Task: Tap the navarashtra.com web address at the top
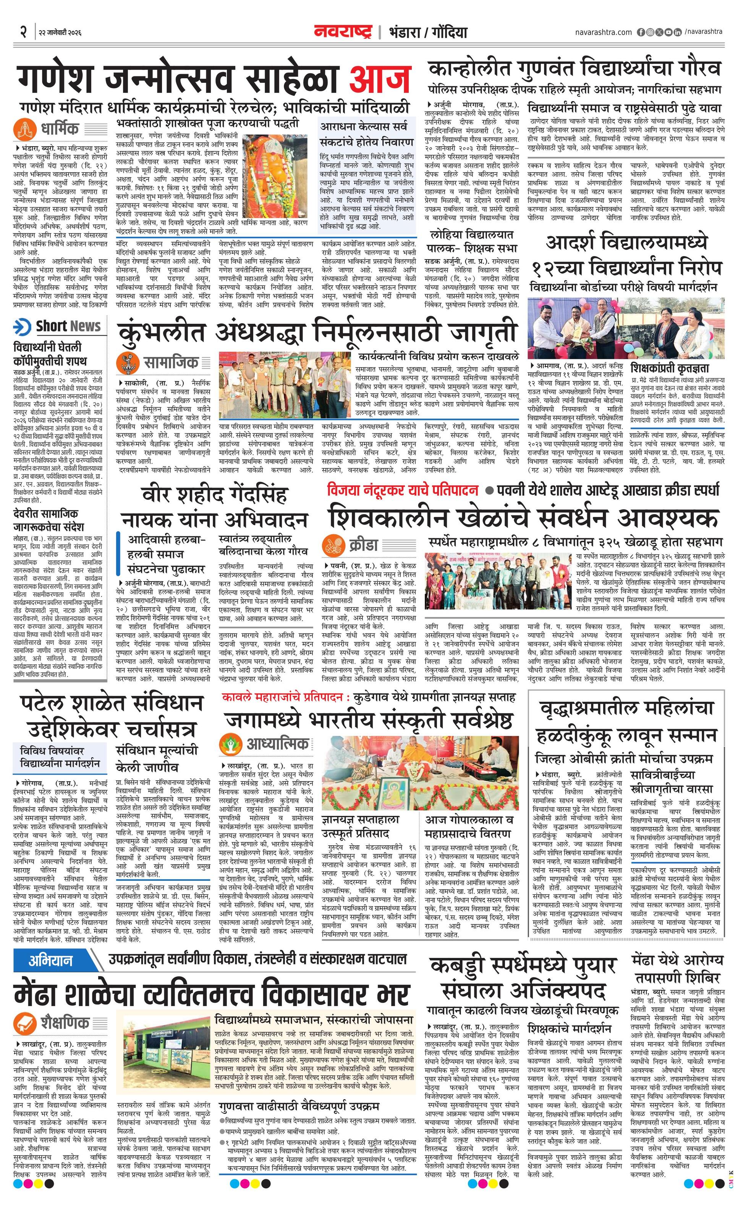[x=603, y=32]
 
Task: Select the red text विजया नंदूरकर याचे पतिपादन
[x=403, y=491]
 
